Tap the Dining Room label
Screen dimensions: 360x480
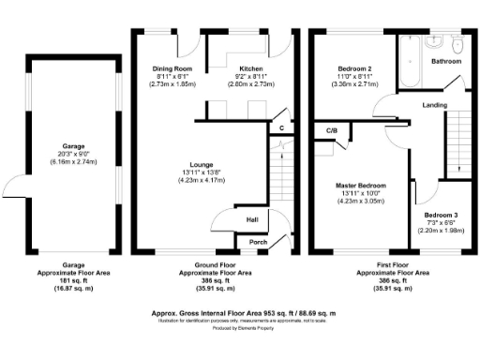tap(172, 69)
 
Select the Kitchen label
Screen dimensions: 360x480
tap(250, 69)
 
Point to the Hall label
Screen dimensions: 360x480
tap(252, 220)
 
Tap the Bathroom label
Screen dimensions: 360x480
tap(446, 61)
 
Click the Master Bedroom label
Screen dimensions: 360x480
tap(361, 186)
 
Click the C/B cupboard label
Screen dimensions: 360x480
tap(331, 130)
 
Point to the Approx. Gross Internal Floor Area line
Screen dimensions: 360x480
tap(243, 311)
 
